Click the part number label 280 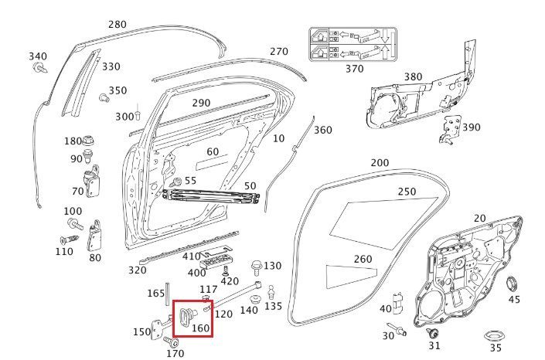pyautogui.click(x=118, y=25)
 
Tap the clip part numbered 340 pyautogui.click(x=40, y=67)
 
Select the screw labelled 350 pyautogui.click(x=104, y=98)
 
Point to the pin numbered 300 pyautogui.click(x=138, y=112)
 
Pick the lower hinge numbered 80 pyautogui.click(x=94, y=236)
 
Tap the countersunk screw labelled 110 pyautogui.click(x=69, y=239)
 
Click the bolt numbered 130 pyautogui.click(x=256, y=267)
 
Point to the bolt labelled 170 pyautogui.click(x=172, y=342)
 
